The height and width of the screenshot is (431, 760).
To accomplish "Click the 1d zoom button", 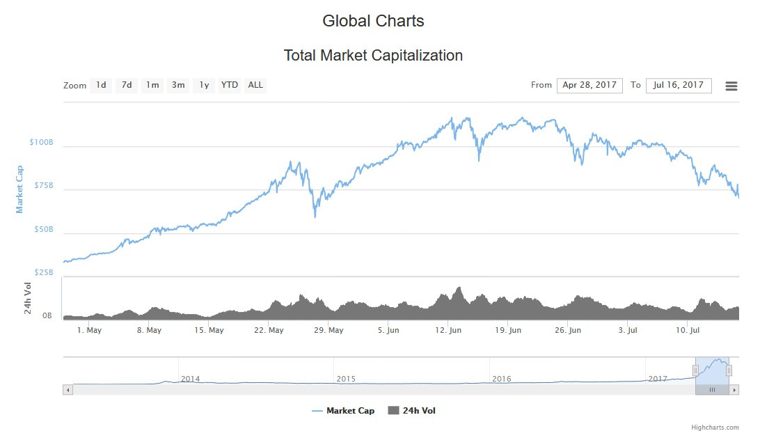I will coord(101,85).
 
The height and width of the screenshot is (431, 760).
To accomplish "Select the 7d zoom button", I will coord(127,85).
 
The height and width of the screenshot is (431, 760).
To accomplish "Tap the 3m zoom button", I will coord(178,85).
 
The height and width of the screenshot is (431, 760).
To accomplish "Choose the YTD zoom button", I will coord(230,85).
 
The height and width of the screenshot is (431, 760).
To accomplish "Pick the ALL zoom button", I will coord(255,85).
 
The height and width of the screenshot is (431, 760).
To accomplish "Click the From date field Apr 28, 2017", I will coord(589,85).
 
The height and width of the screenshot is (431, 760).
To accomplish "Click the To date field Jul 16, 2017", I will coord(679,85).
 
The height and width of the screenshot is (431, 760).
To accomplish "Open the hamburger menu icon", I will coord(731,86).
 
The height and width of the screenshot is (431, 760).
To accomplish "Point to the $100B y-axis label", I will coord(41,142).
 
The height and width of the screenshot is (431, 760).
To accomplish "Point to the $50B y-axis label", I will coord(44,229).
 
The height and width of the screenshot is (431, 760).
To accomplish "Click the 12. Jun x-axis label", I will coord(448,330).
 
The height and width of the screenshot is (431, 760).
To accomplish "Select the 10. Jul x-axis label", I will coord(688,330).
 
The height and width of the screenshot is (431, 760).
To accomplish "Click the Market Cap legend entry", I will coord(344,411).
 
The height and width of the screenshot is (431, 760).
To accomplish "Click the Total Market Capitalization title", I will coord(373,56).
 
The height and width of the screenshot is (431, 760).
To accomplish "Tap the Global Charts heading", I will coord(373,21).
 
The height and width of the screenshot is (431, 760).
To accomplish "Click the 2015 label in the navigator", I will coord(346,379).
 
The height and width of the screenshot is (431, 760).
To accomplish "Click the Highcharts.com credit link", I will coord(715,428).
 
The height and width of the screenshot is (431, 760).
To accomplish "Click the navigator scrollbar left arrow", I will coord(68,390).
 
